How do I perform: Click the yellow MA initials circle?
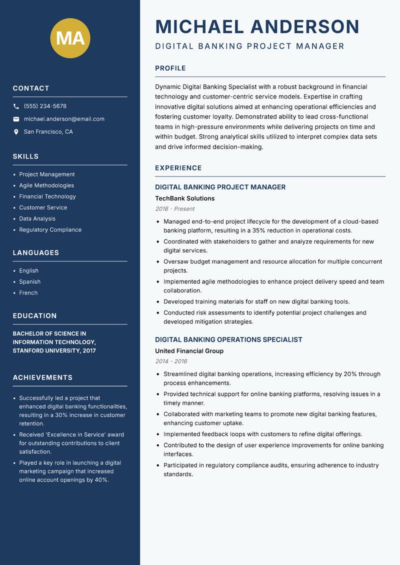[x=70, y=38]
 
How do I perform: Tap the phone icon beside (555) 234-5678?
[x=16, y=106]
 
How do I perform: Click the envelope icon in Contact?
[x=16, y=119]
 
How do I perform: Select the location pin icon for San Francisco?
[x=16, y=132]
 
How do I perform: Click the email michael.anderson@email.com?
[x=64, y=119]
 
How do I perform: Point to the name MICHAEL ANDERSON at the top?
[x=257, y=26]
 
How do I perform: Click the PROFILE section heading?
[x=170, y=68]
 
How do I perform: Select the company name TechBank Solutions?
[x=184, y=198]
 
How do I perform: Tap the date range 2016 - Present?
[x=174, y=209]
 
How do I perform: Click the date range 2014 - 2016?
[x=170, y=361]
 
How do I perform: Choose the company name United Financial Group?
[x=189, y=351]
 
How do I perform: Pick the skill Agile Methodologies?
[x=46, y=185]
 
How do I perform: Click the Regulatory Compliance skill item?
[x=50, y=230]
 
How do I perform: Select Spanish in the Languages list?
[x=29, y=282]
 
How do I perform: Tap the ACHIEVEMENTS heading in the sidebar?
[x=42, y=377]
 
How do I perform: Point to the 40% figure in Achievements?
[x=101, y=480]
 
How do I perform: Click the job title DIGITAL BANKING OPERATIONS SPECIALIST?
[x=228, y=339]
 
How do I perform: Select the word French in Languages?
[x=28, y=293]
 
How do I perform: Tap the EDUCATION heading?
[x=34, y=316]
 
